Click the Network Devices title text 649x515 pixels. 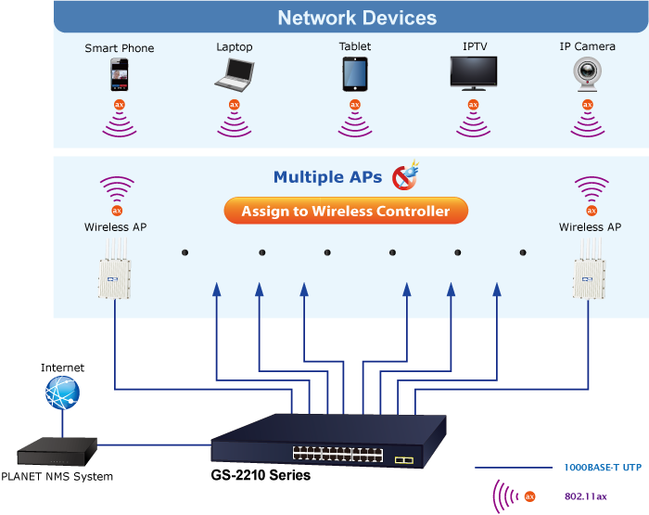357,18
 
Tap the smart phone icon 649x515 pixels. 119,74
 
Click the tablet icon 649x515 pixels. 354,73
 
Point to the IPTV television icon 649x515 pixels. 473,73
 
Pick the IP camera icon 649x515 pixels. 587,73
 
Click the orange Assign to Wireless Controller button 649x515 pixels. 346,212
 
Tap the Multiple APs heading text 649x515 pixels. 327,177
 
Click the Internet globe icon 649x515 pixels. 62,393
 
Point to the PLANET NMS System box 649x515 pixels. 57,454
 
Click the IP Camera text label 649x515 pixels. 587,47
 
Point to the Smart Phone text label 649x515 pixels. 119,48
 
